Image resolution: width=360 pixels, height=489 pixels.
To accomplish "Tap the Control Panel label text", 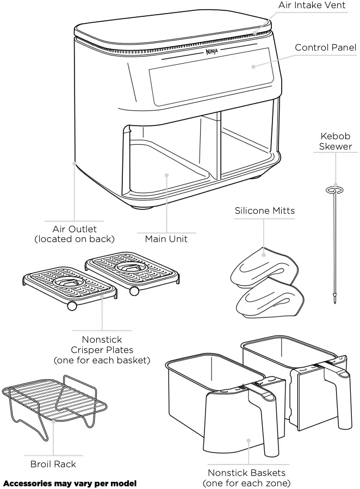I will pos(325,48).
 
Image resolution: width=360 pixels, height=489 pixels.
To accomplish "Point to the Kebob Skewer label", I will pos(335,141).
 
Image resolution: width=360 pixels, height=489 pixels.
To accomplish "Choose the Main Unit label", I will pos(166,239).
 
